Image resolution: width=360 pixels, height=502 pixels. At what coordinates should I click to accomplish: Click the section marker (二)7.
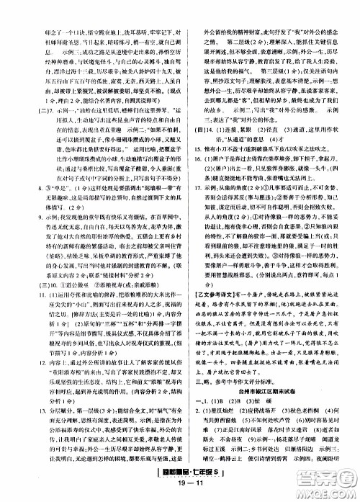(x=30, y=91)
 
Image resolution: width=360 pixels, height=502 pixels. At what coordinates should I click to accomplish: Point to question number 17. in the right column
(x=192, y=184)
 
